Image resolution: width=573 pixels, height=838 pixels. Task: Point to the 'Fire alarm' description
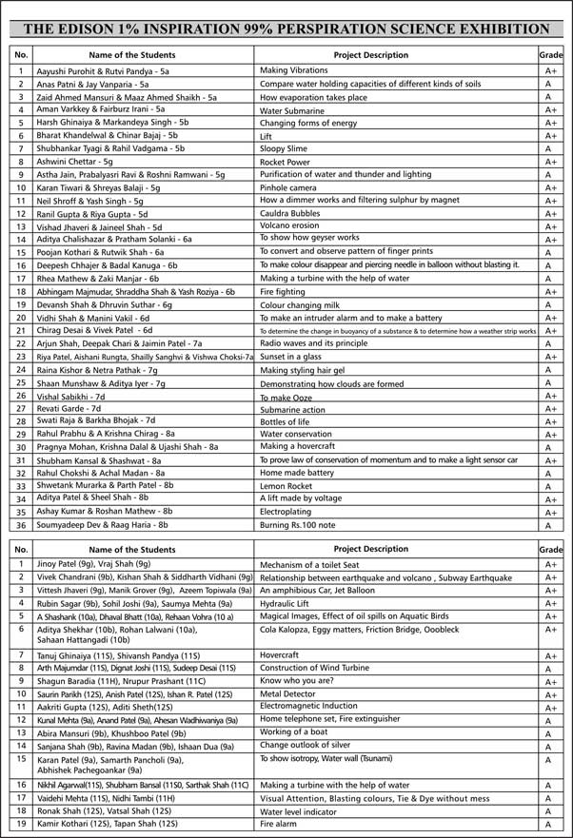(279, 825)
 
